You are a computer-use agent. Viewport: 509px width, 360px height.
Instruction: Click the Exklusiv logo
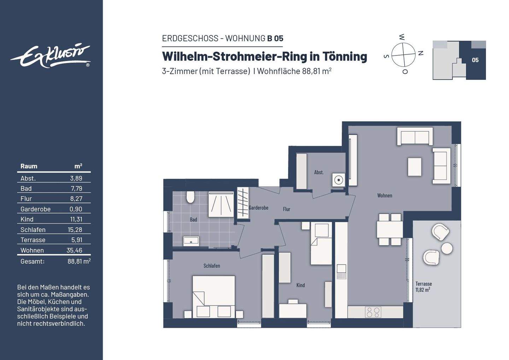click(x=50, y=56)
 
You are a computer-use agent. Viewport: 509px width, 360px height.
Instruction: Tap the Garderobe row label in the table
click(x=35, y=209)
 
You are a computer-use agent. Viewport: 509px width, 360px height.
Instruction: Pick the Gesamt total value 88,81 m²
click(x=79, y=261)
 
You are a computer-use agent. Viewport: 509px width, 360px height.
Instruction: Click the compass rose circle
click(x=403, y=54)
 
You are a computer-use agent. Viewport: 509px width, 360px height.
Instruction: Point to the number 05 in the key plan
click(x=475, y=60)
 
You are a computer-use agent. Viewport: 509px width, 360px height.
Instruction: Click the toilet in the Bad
click(x=191, y=197)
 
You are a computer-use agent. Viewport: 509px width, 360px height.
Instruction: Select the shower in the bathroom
click(x=221, y=204)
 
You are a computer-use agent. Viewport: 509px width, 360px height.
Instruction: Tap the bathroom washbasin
click(x=191, y=241)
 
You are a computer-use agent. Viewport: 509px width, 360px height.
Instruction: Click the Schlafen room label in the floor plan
click(x=212, y=266)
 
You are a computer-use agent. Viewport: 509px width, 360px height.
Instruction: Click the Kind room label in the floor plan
click(x=300, y=285)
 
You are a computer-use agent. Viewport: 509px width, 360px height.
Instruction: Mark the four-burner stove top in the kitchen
click(x=373, y=312)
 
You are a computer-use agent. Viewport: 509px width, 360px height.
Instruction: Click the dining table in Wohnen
click(x=390, y=229)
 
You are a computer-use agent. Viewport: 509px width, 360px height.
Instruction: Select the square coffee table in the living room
click(x=414, y=167)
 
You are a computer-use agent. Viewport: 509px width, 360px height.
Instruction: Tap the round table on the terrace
click(x=447, y=248)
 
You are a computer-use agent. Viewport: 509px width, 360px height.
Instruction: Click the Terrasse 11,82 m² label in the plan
click(x=423, y=286)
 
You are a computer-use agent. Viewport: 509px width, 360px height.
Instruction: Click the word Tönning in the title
click(x=345, y=56)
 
